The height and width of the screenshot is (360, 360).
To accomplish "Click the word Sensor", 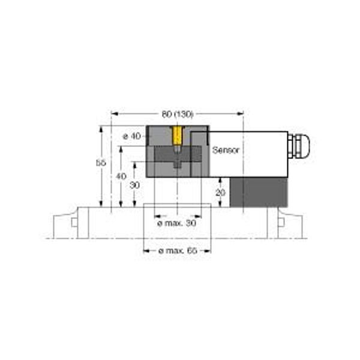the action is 226,150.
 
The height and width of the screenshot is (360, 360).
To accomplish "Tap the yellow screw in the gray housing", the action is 177,136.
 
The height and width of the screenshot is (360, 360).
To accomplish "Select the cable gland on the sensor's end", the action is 299,146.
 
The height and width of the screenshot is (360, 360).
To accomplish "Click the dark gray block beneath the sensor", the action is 259,193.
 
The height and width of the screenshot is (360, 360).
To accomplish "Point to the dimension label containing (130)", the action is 178,114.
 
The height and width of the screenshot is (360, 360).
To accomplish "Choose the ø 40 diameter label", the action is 132,136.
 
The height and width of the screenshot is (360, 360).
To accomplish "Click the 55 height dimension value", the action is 101,163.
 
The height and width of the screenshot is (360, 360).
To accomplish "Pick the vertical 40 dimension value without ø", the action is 121,176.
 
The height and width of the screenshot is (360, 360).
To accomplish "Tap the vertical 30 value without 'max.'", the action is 134,185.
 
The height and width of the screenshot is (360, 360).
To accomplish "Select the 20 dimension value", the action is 220,193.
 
